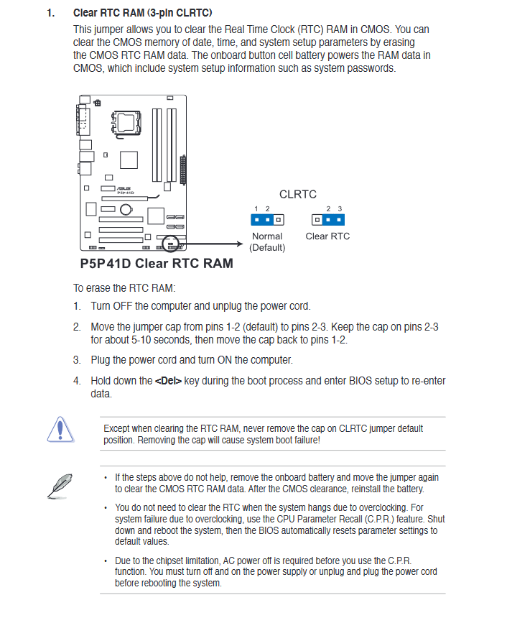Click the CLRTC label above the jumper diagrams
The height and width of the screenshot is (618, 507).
(x=297, y=194)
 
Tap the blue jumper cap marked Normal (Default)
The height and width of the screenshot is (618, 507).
(x=263, y=219)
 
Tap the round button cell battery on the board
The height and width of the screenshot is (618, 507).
(x=126, y=210)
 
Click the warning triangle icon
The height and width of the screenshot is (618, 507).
(x=61, y=430)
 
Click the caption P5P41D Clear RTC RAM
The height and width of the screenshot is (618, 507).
(x=157, y=263)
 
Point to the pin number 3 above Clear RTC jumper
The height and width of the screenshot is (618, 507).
(x=340, y=208)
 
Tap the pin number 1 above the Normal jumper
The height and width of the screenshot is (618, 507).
(x=256, y=208)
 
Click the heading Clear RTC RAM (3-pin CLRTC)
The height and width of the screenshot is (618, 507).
(x=143, y=13)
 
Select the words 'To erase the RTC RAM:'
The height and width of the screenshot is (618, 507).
(x=124, y=288)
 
